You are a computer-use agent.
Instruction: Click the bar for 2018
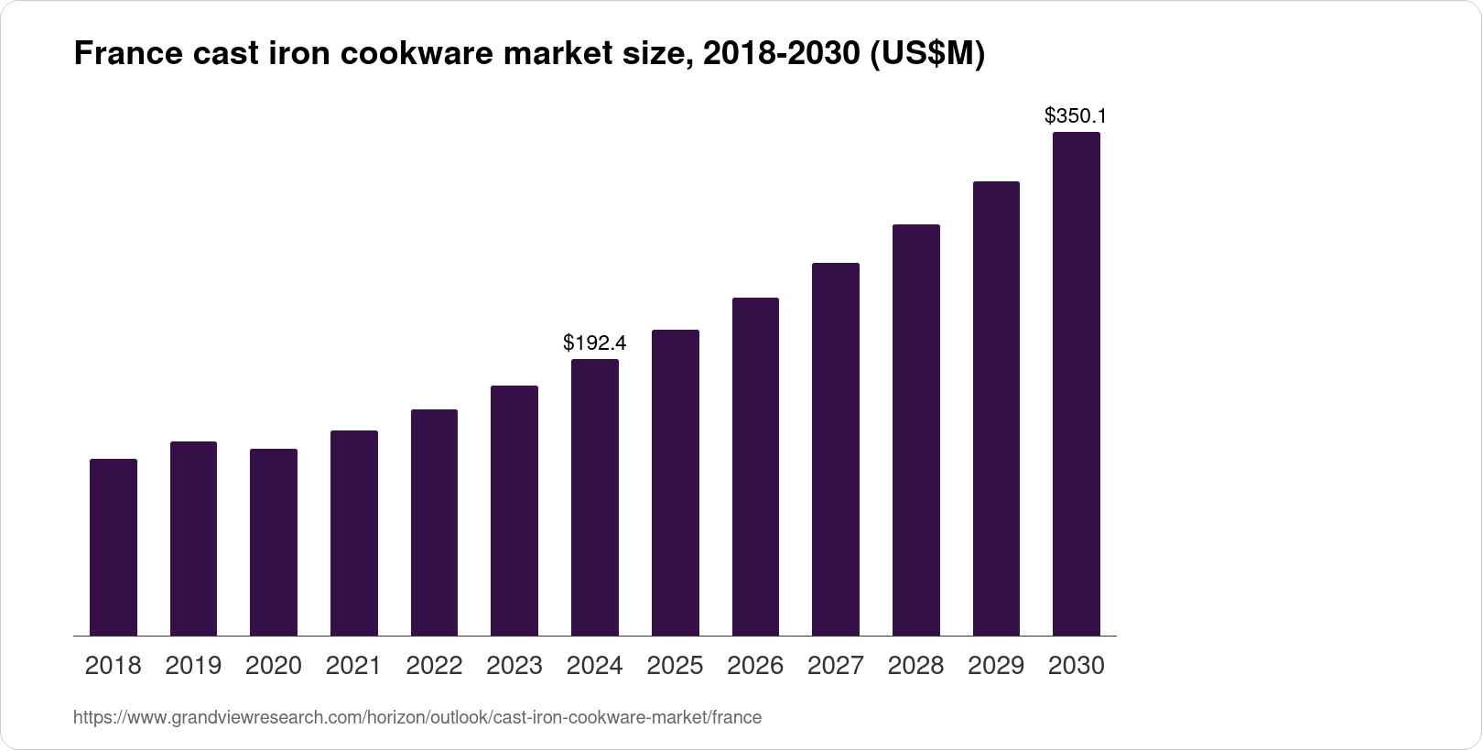114,547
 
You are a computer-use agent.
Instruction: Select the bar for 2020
274,542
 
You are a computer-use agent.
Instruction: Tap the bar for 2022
434,522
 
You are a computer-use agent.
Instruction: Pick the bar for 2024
595,497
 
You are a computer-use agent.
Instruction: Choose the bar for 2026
755,466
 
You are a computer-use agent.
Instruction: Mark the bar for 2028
915,430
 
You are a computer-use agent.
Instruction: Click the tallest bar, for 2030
1077,384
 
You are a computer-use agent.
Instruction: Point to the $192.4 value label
595,343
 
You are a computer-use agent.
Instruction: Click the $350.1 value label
1077,116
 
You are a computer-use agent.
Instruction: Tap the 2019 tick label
193,666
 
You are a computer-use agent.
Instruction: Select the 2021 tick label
353,666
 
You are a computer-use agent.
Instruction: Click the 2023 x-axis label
514,666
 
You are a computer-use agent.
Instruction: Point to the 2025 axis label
675,666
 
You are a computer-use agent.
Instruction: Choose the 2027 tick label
836,666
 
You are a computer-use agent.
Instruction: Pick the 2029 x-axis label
996,666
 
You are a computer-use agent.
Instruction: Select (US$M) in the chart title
926,55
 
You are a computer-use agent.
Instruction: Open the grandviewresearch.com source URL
417,718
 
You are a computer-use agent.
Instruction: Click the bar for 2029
996,408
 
